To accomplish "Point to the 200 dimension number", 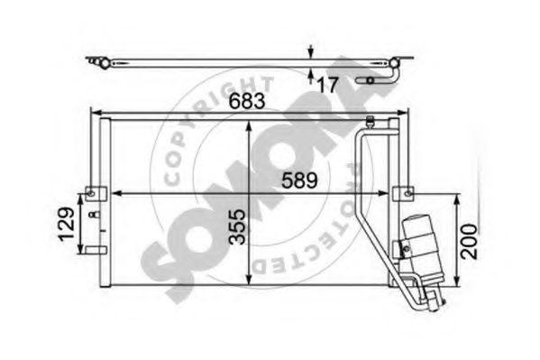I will pyautogui.click(x=469, y=240).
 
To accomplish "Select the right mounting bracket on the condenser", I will pyautogui.click(x=402, y=192).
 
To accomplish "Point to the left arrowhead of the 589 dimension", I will pyautogui.click(x=114, y=192).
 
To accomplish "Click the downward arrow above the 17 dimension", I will pyautogui.click(x=312, y=52).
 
